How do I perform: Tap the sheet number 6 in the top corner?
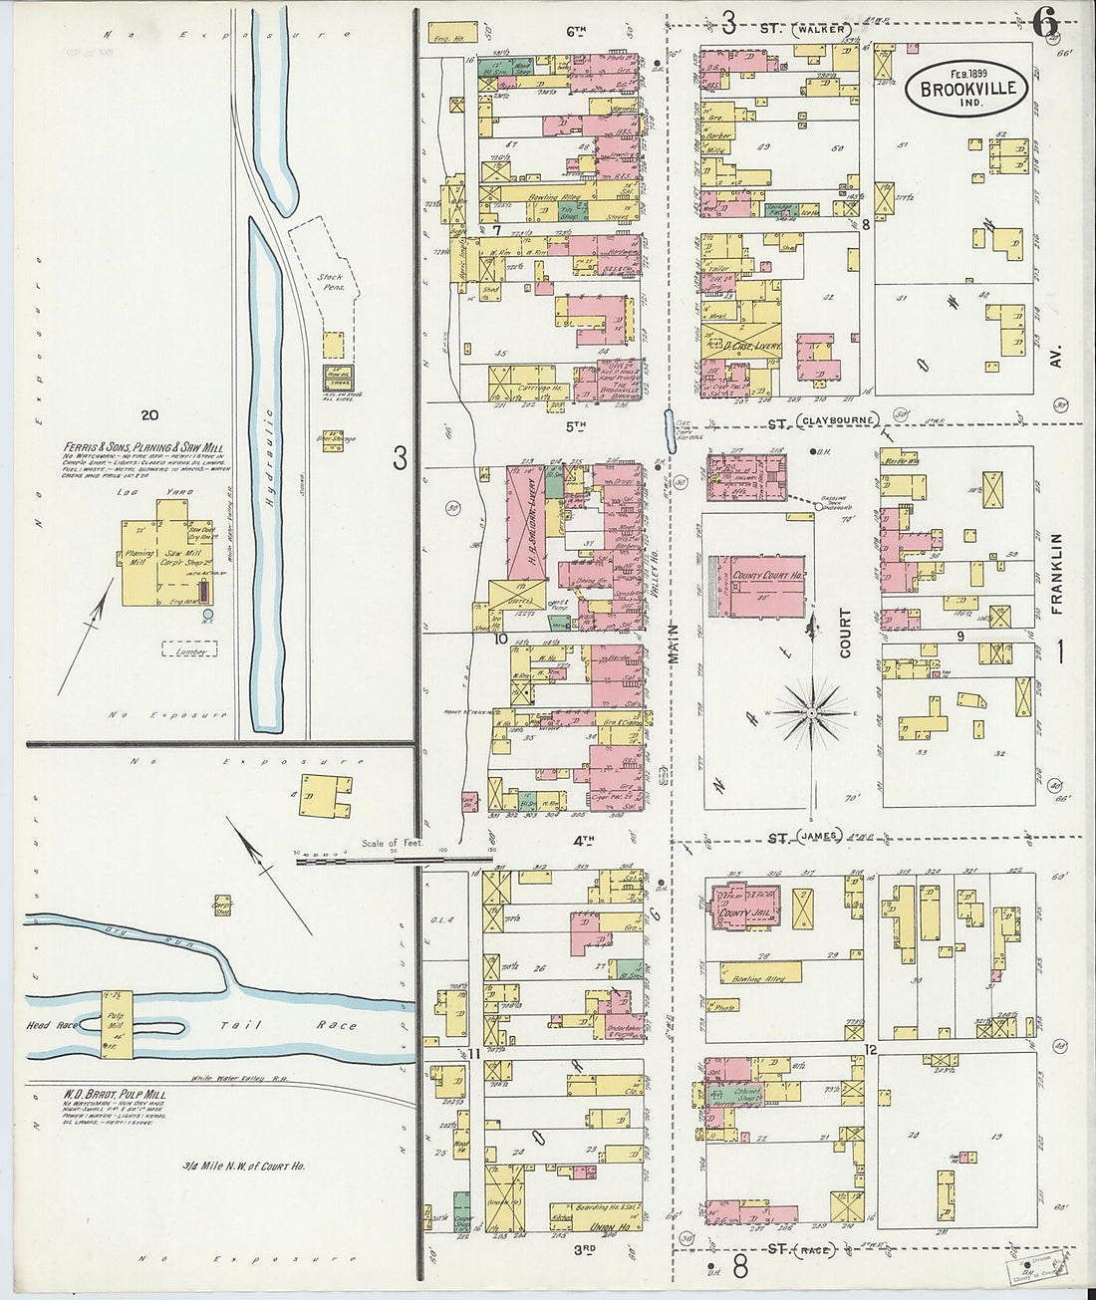1043,22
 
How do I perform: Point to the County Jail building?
747,907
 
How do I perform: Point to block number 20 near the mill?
150,415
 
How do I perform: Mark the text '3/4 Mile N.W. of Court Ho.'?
243,1166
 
